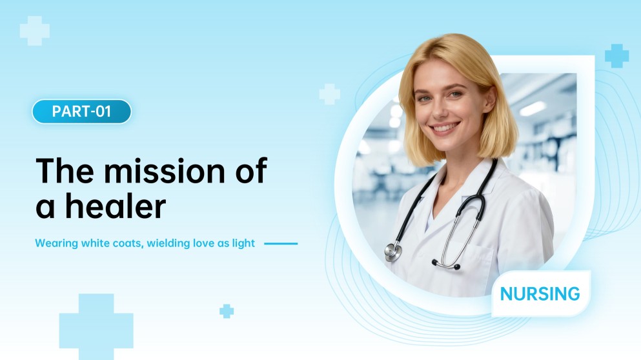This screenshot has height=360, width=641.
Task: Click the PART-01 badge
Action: click(81, 112)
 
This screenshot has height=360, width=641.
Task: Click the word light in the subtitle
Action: click(243, 244)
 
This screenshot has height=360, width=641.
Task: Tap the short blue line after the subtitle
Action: click(281, 244)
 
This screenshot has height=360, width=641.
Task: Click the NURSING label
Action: click(540, 294)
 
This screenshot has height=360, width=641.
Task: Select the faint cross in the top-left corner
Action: click(35, 31)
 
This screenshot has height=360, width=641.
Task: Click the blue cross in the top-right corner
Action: click(616, 56)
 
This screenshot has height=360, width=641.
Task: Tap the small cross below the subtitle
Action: click(227, 311)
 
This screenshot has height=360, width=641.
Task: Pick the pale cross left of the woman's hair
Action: click(329, 94)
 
